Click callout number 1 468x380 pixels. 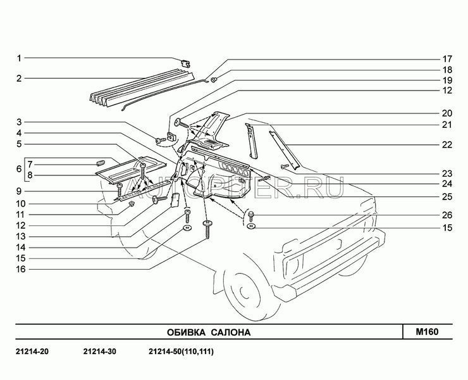pos(19,58)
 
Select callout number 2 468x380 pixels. pos(19,79)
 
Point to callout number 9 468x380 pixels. pos(19,191)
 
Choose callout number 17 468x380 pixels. pos(447,58)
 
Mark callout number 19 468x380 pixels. pos(447,80)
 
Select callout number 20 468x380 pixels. pos(447,113)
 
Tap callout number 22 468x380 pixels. pos(447,145)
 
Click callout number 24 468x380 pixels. pos(447,184)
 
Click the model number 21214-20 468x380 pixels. pos(31,352)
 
